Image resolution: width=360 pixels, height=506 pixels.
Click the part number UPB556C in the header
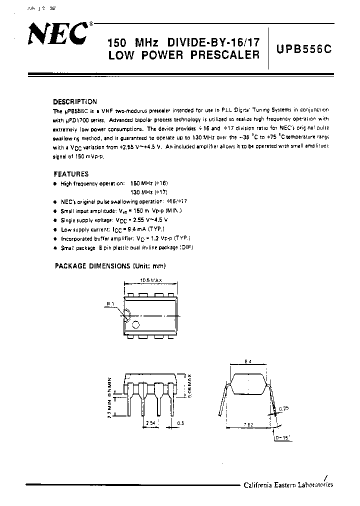pos(303,50)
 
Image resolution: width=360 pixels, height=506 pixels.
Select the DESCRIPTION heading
pos(75,101)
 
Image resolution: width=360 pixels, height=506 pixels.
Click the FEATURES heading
pos(70,174)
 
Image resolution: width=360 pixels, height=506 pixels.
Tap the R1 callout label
pos(109,303)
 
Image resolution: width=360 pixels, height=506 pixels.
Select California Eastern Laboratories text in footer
pos(288,484)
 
